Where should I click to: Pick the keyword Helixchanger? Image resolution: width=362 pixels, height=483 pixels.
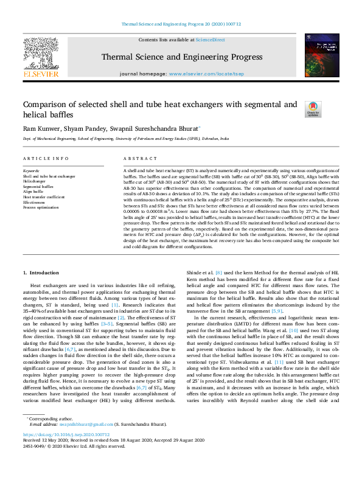(35, 181)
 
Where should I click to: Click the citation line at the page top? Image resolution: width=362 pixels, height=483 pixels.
(181, 24)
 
